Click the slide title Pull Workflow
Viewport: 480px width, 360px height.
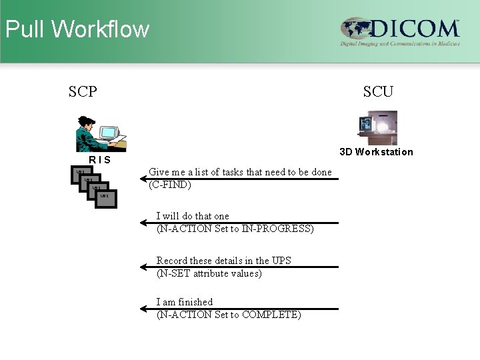tap(77, 29)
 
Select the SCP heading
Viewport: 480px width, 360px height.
tap(83, 91)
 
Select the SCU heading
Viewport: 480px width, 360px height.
tap(378, 91)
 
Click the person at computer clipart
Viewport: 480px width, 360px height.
tap(101, 133)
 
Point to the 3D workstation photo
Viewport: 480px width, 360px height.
tap(377, 128)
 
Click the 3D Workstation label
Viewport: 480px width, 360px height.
tap(376, 152)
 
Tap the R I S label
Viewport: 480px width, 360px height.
tap(100, 161)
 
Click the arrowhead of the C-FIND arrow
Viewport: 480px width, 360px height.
tap(143, 179)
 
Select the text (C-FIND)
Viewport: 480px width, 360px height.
tap(170, 185)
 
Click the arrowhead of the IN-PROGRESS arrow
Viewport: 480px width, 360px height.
tap(143, 223)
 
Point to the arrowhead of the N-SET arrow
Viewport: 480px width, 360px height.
tap(143, 267)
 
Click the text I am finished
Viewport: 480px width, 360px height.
tap(185, 302)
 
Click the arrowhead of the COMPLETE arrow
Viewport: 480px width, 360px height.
tap(143, 309)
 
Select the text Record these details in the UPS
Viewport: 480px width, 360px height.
tap(224, 261)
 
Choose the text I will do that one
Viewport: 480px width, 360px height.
tap(193, 216)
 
